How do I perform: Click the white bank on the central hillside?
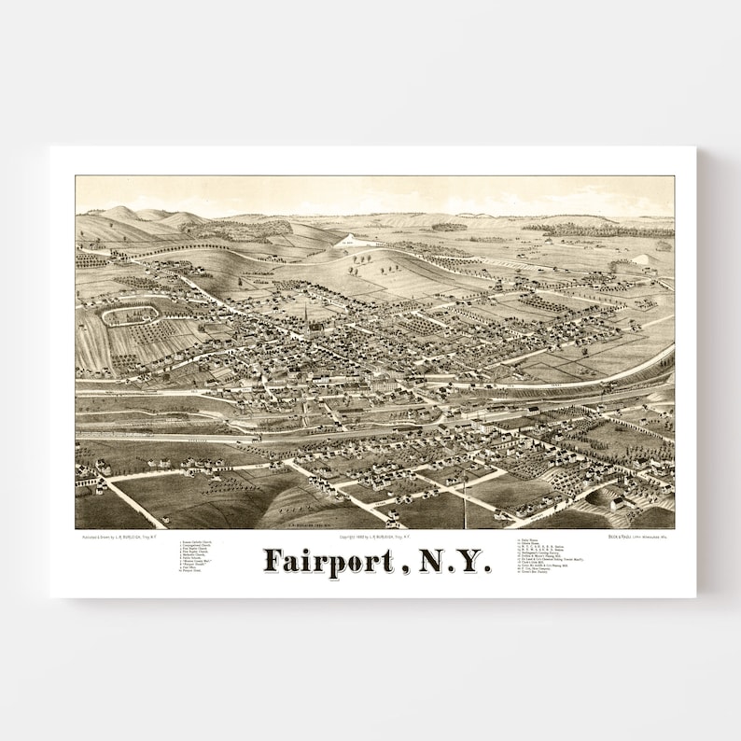point(347,241)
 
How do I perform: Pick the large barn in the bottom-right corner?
point(617,502)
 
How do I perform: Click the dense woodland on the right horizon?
point(607,229)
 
